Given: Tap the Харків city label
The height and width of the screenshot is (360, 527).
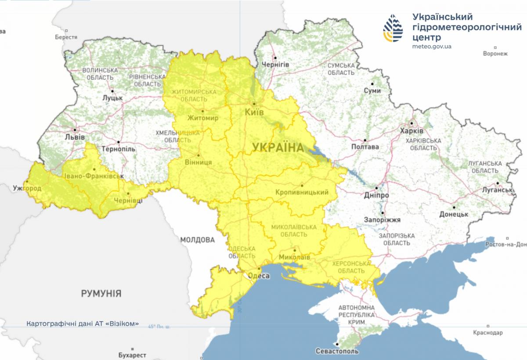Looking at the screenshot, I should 411,131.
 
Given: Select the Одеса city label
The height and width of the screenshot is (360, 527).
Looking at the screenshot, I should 259,276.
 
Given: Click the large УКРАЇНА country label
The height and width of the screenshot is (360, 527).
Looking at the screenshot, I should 278,148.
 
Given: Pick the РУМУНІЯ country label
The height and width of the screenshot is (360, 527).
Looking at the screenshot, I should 101,293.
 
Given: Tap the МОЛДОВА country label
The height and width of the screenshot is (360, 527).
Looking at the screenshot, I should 197,240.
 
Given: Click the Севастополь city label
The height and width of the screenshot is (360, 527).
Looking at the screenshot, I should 337,351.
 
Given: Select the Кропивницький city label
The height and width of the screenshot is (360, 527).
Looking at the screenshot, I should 302,192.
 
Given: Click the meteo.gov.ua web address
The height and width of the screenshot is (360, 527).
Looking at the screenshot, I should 432,46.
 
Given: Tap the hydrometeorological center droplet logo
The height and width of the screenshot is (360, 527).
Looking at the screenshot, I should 393,28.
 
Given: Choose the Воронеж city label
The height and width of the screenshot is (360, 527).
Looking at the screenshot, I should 495,54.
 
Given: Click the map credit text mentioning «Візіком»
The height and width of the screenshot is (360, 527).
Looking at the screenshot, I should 83,324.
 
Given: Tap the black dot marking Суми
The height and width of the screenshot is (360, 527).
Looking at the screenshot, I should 372,83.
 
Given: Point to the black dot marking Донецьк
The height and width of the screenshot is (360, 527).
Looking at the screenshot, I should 454,207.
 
